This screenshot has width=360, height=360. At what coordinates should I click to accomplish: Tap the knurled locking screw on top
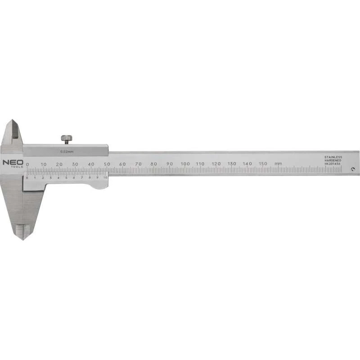tap(67, 139)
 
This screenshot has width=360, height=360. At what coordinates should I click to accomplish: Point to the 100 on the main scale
tap(185, 163)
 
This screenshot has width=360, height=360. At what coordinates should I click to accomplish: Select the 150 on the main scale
tap(263, 163)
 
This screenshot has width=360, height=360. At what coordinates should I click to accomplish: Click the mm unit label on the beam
tap(279, 163)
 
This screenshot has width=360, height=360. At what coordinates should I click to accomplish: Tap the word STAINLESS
tap(333, 157)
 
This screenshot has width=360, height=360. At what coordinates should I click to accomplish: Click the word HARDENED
tap(333, 161)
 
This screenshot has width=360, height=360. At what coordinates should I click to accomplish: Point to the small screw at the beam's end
tap(353, 170)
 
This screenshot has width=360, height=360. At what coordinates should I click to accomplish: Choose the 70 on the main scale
tap(138, 163)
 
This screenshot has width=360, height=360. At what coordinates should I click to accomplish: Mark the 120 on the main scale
tap(216, 163)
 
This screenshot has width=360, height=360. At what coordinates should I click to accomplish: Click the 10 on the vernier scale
tap(105, 178)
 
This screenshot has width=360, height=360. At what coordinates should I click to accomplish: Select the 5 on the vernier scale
tap(66, 178)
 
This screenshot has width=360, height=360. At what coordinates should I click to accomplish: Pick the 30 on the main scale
tap(75, 164)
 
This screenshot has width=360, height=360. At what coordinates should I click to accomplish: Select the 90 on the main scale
tap(169, 163)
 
